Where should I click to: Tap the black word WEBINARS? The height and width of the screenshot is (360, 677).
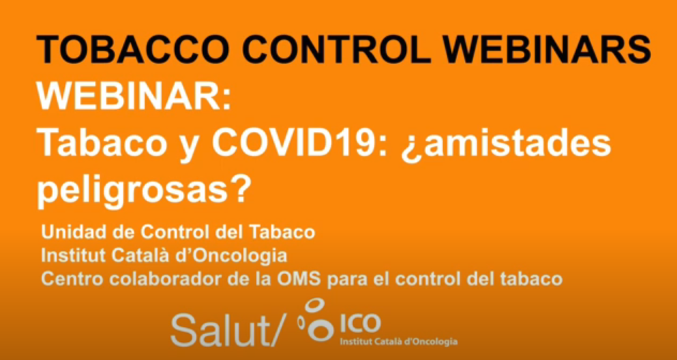point(546,49)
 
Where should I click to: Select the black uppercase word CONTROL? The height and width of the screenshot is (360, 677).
point(337,49)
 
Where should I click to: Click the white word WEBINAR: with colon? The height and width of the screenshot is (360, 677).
point(134,96)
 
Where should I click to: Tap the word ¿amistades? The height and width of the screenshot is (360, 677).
point(506,144)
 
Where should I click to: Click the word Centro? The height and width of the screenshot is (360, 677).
point(72,279)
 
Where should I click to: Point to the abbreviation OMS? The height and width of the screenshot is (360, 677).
point(299,279)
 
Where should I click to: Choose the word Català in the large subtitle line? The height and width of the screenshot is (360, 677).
point(140,256)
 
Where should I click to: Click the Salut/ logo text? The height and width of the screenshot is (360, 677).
point(228,330)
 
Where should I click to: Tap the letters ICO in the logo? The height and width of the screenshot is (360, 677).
point(361,323)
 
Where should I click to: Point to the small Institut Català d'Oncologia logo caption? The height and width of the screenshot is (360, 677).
point(399,342)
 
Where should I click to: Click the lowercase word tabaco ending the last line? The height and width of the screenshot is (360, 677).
point(531,279)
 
